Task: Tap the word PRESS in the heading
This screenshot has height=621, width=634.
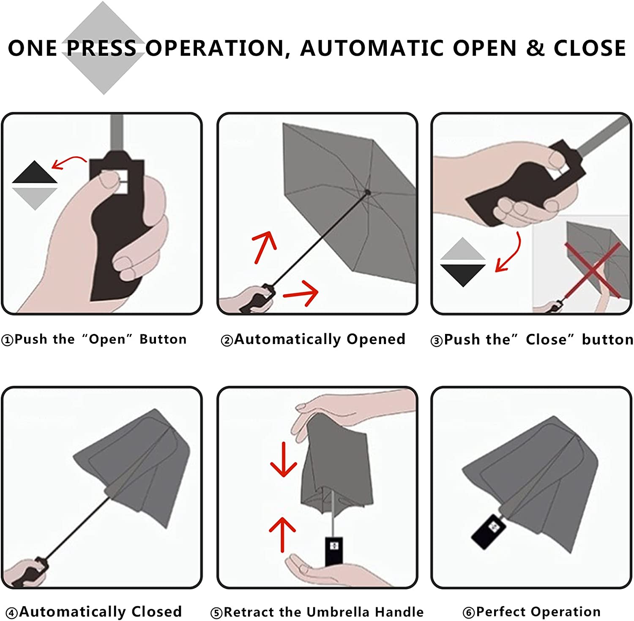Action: coord(101,48)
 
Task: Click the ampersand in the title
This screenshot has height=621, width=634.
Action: coord(535,48)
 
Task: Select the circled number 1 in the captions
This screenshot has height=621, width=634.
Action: coord(7,340)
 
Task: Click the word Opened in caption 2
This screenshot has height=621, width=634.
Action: coord(376,339)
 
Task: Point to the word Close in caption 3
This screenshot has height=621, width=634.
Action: coord(547,339)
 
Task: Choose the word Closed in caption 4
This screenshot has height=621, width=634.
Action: coord(156,612)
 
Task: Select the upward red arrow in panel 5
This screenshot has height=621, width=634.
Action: coord(282,534)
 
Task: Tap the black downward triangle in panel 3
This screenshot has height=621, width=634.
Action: coord(462,274)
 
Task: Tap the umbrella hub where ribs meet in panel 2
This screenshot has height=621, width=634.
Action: coord(367,193)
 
